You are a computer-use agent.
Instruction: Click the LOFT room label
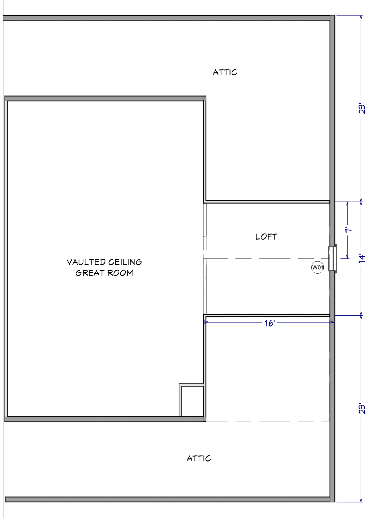pyautogui.click(x=266, y=237)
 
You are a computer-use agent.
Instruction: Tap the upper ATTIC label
pyautogui.click(x=225, y=72)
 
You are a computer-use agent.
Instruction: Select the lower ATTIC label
pyautogui.click(x=199, y=458)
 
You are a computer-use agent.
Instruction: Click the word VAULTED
pyautogui.click(x=86, y=262)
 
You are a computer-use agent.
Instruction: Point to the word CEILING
pyautogui.click(x=125, y=262)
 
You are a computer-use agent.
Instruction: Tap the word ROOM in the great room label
pyautogui.click(x=120, y=273)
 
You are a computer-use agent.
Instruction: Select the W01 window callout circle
pyautogui.click(x=317, y=267)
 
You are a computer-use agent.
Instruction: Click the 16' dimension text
pyautogui.click(x=269, y=323)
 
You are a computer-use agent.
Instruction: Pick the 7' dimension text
pyautogui.click(x=348, y=230)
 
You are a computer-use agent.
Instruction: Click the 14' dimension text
pyautogui.click(x=362, y=258)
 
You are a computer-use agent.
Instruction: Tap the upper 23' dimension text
pyautogui.click(x=362, y=109)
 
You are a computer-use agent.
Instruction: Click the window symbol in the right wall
pyautogui.click(x=333, y=258)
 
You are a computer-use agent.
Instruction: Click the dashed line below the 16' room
pyautogui.click(x=268, y=421)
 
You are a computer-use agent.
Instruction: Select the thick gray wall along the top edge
pyautogui.click(x=167, y=18)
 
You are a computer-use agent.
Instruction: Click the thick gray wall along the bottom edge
pyautogui.click(x=168, y=499)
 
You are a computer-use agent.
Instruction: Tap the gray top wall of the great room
pyautogui.click(x=105, y=98)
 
